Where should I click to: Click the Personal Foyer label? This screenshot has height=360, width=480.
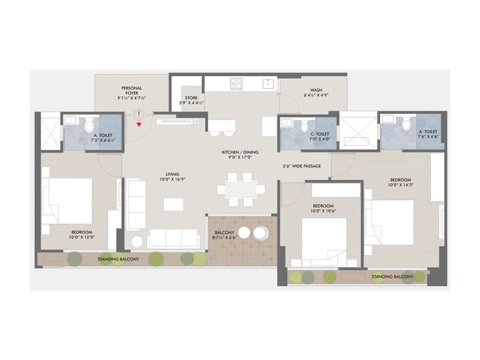[132, 92]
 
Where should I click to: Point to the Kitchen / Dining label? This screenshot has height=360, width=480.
[239, 152]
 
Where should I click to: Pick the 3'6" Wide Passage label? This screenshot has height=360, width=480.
[302, 166]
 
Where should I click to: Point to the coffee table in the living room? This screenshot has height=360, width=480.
[173, 204]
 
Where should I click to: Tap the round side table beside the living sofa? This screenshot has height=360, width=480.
[137, 241]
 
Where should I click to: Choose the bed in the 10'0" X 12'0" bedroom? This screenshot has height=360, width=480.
[67, 201]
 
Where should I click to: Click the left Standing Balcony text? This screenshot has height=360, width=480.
[119, 259]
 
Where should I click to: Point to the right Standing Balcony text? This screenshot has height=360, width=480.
[392, 277]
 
